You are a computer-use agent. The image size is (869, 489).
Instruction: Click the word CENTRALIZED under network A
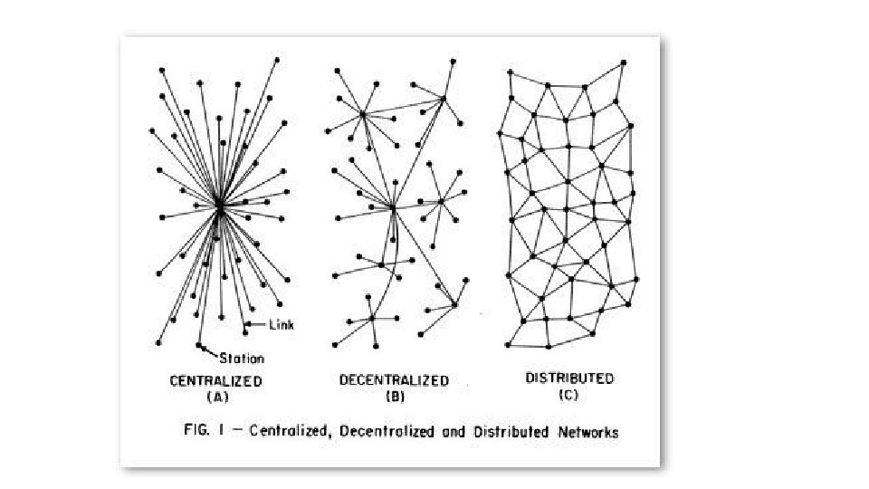tap(216, 381)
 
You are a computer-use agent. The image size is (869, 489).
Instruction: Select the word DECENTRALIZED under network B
tap(394, 380)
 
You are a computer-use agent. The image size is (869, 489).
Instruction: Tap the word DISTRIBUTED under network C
tap(569, 378)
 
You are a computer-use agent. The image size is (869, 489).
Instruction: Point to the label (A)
tap(216, 397)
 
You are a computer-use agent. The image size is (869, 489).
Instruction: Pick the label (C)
tap(569, 394)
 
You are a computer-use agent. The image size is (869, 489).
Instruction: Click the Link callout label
tap(281, 323)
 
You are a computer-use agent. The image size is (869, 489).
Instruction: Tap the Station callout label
tap(242, 359)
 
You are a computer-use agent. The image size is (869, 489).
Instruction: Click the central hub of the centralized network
tap(219, 207)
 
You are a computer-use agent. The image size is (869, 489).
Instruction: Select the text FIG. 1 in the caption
tap(195, 432)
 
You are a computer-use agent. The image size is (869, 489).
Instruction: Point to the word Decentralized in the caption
tap(379, 432)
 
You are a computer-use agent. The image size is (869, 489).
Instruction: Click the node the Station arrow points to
tap(199, 345)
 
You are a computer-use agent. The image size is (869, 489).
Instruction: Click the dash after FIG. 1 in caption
tap(226, 432)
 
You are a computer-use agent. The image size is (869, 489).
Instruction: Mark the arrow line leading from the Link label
tap(256, 322)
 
